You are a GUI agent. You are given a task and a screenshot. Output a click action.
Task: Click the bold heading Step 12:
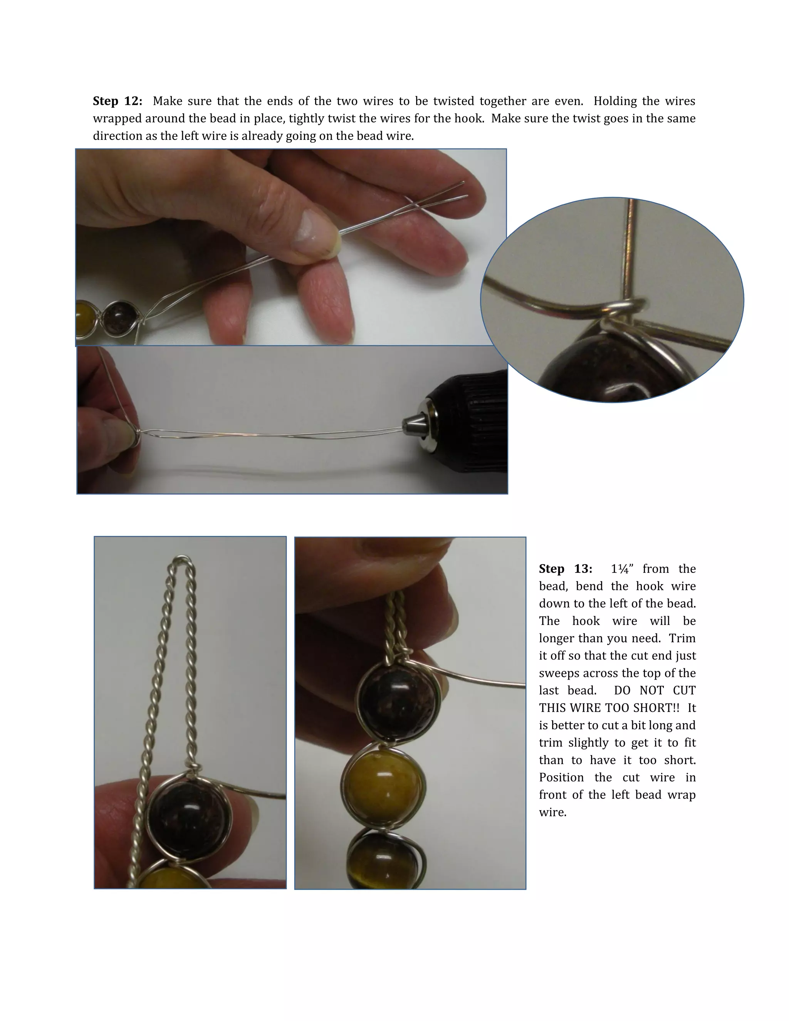pos(118,101)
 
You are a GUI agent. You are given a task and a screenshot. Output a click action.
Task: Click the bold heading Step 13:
pos(565,569)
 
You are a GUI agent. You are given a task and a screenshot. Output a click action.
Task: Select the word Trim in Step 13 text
pos(682,638)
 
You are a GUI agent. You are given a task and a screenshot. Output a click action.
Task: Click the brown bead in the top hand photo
pos(120,318)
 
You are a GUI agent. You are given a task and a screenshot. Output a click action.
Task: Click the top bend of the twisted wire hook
pos(182,562)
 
